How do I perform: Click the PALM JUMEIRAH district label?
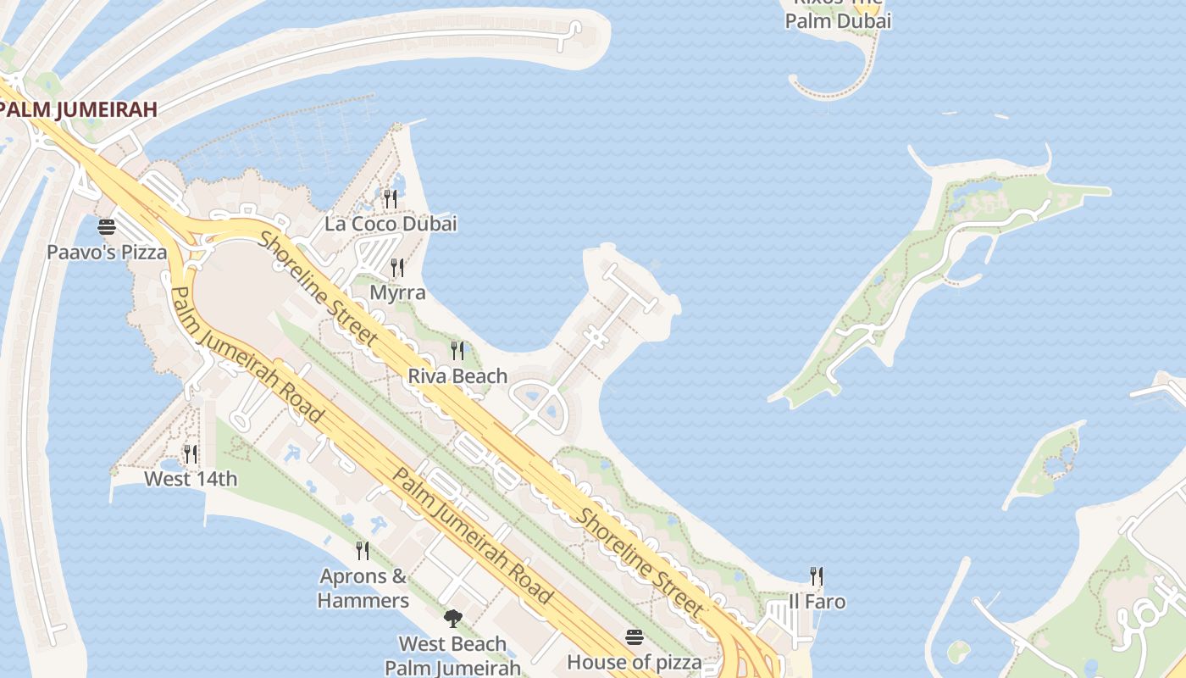coord(80,109)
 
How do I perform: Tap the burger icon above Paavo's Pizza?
coord(106,226)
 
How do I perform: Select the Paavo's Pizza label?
coord(107,252)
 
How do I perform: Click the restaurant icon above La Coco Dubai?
coord(390,198)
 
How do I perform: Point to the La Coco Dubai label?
coord(391,224)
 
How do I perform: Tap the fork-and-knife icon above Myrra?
coord(396,268)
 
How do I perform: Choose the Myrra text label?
coord(397,292)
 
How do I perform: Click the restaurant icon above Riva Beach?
coord(457,350)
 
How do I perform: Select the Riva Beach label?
coord(457,375)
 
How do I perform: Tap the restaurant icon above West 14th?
coord(191,454)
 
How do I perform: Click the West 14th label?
coord(191,479)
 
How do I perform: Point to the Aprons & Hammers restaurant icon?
coord(363,551)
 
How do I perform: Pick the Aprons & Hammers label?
coord(363,588)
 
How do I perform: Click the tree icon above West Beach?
coord(452,619)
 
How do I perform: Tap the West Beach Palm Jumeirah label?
coord(452,655)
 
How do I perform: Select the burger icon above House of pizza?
coord(635,637)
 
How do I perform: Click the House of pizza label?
coord(635,662)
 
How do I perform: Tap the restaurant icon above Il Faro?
coord(817,576)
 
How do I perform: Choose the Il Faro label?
coord(817,602)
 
